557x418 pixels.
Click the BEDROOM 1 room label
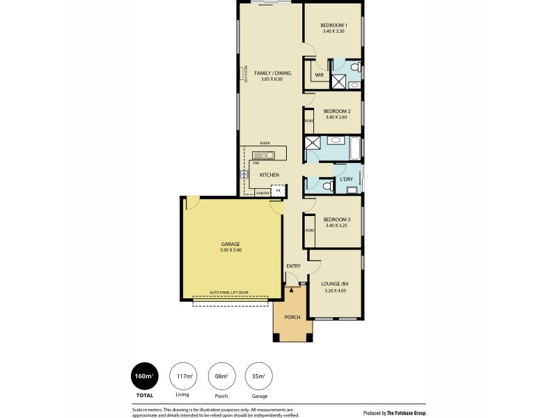click(334, 25)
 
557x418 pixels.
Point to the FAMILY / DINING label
click(272, 73)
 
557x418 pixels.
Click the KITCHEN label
click(269, 174)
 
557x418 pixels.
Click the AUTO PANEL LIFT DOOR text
click(230, 293)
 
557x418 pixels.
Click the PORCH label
click(292, 317)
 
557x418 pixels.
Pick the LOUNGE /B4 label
click(334, 284)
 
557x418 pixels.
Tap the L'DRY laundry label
click(346, 179)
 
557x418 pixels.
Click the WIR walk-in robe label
click(319, 75)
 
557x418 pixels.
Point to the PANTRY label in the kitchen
click(262, 193)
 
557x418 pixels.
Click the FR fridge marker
click(278, 189)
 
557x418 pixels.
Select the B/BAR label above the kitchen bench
click(265, 144)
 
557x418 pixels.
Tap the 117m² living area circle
click(183, 378)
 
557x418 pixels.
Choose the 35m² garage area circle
click(258, 378)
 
